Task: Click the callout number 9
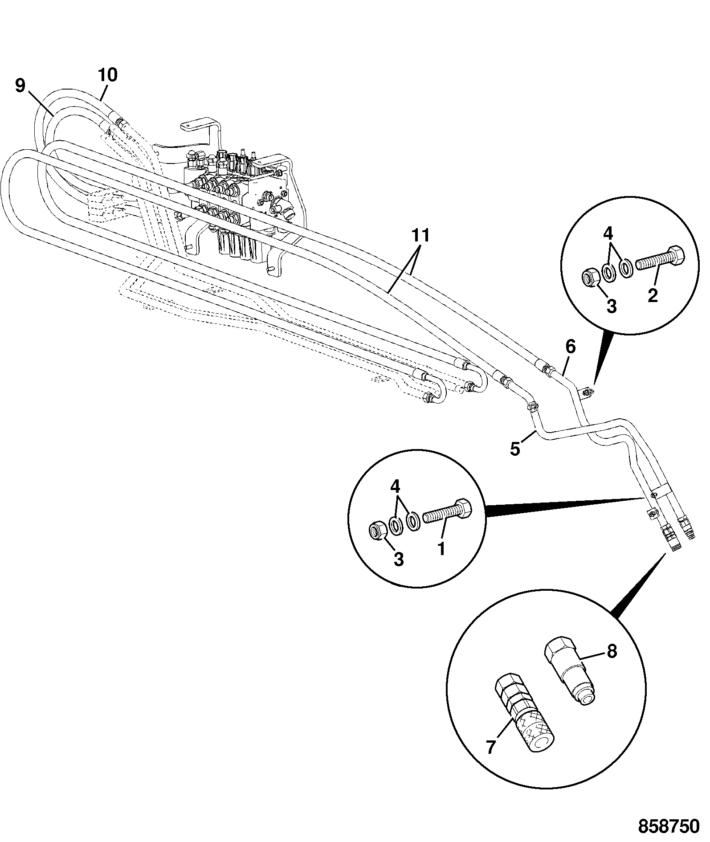(x=20, y=86)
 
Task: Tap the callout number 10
(x=107, y=74)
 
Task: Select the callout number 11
(x=420, y=235)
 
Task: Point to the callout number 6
(x=571, y=347)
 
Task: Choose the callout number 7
(x=491, y=747)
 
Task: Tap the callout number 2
(x=653, y=295)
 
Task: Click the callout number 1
(x=442, y=549)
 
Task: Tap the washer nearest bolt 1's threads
(x=412, y=521)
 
